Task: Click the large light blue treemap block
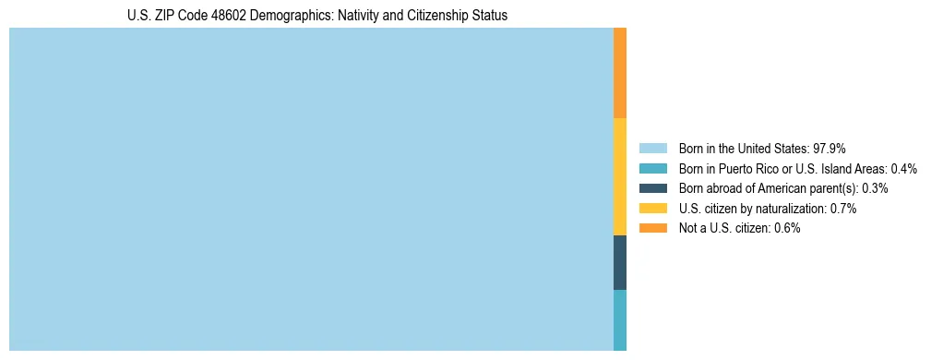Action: coord(311,189)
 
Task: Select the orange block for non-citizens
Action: coord(620,73)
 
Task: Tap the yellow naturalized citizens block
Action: coord(620,176)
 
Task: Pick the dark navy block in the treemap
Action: coord(620,262)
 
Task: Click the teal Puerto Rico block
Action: coord(620,319)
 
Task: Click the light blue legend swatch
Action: coord(652,148)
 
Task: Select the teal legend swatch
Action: coord(652,168)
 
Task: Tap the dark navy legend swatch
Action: coord(652,188)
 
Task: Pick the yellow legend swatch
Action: coord(652,209)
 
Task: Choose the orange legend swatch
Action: coord(652,228)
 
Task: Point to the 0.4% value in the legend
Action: coord(903,168)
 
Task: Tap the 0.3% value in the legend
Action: coord(874,188)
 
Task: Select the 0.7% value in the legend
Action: coord(842,209)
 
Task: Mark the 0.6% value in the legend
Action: coord(786,228)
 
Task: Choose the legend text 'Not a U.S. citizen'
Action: coord(724,228)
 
